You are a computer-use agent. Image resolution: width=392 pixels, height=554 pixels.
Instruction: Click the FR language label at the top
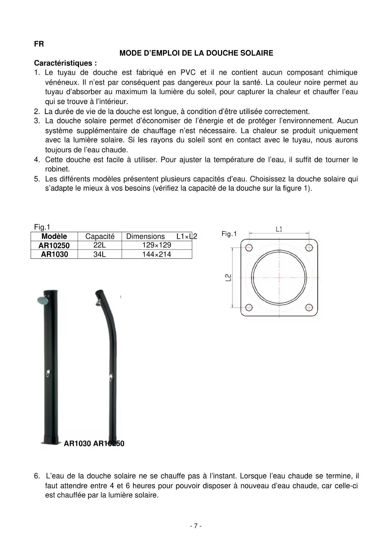pos(39,44)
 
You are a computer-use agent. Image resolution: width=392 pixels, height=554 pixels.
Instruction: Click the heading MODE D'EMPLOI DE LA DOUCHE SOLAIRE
pos(196,53)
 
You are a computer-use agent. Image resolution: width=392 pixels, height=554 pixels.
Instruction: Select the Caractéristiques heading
pos(65,63)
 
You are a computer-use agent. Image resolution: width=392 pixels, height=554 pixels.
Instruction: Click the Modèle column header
pos(54,237)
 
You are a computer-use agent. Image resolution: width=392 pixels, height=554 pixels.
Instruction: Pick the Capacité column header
pos(100,237)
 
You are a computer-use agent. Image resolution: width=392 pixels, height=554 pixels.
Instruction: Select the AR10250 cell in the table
pos(54,245)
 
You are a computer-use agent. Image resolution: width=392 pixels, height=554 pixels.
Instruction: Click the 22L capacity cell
pos(100,245)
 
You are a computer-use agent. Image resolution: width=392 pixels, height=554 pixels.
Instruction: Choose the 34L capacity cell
pos(100,254)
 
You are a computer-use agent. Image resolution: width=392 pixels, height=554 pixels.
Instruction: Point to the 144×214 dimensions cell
pos(157,254)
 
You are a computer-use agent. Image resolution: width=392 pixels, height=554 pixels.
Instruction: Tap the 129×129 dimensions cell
pos(157,245)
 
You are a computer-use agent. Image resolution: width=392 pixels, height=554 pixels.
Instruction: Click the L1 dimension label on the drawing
pos(279,229)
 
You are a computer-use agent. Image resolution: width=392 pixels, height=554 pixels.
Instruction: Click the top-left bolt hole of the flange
pos(249,248)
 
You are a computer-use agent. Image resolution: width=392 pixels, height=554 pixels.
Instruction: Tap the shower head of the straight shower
pos(42,300)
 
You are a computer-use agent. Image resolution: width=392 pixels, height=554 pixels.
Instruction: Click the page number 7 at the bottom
pos(196,526)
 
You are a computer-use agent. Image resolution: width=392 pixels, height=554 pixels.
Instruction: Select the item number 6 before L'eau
pos(37,476)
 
